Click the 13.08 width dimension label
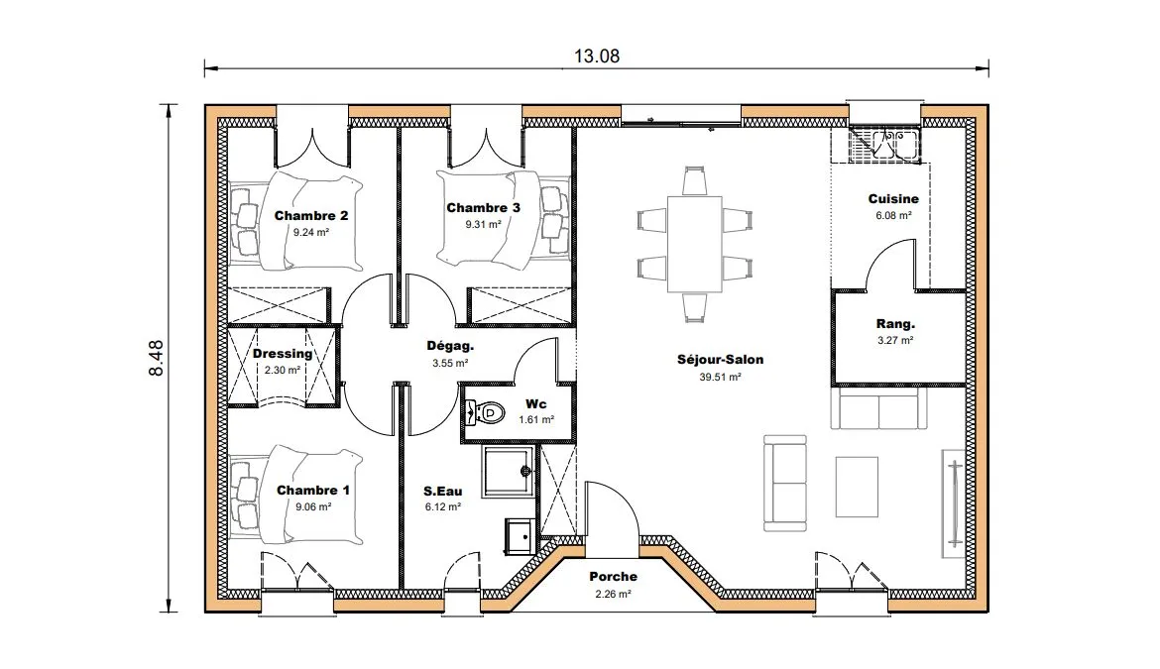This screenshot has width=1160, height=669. click(596, 56)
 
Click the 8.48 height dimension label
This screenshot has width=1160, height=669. click(156, 359)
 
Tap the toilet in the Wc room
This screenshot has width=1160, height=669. click(485, 412)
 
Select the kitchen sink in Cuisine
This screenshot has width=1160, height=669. click(883, 144)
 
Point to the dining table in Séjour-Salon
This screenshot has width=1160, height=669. click(695, 244)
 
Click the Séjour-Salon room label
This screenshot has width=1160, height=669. click(720, 360)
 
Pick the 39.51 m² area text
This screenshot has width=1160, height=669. click(720, 377)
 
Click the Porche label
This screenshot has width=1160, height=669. click(614, 577)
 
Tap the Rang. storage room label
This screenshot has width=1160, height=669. click(895, 324)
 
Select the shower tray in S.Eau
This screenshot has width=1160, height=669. click(509, 471)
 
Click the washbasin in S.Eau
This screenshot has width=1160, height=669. click(520, 536)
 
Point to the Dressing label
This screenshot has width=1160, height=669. click(283, 354)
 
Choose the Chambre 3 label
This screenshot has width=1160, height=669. click(483, 208)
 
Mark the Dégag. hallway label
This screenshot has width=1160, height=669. click(450, 346)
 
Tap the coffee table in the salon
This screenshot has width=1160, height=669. click(857, 487)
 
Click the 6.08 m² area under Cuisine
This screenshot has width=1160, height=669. click(893, 216)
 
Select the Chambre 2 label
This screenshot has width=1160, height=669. click(310, 216)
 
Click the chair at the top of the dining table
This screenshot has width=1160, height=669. click(694, 181)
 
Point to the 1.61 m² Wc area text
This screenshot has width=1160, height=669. click(536, 420)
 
